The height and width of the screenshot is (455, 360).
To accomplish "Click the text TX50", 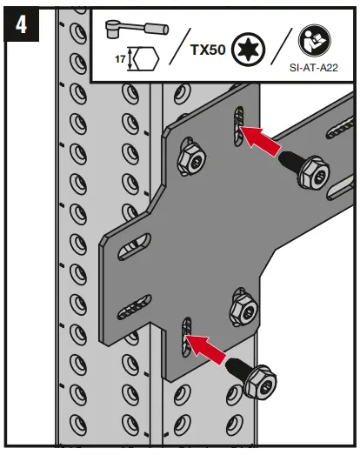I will [208, 50].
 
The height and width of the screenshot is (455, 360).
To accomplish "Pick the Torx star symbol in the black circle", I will [250, 49].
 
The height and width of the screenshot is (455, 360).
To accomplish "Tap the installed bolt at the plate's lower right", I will [241, 311].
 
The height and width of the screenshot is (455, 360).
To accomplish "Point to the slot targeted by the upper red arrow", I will [233, 126].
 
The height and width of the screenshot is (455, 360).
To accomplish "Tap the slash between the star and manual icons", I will [283, 50].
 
